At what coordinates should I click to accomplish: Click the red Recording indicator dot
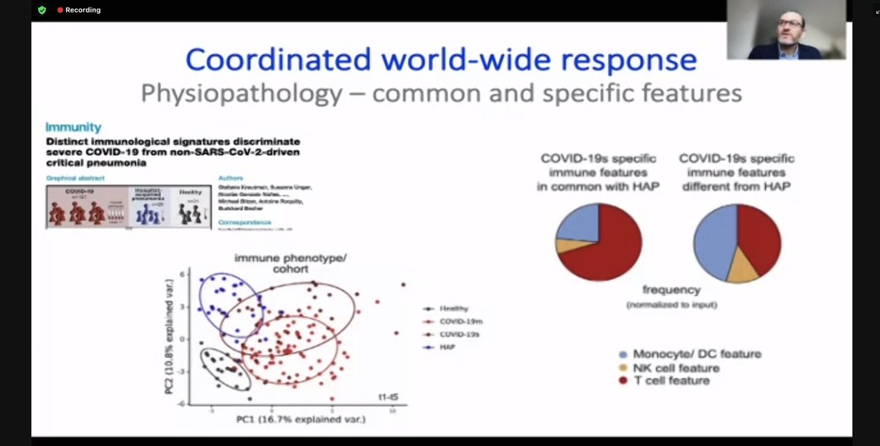tap(60, 10)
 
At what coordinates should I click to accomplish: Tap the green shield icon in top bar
tap(42, 10)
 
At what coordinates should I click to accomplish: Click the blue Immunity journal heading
tap(73, 127)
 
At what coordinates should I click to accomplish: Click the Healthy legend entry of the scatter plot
tap(454, 309)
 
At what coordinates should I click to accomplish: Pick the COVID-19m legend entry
tap(461, 322)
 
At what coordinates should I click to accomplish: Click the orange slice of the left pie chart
tap(562, 245)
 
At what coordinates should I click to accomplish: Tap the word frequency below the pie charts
tap(671, 290)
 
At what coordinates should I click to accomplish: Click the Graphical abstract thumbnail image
tap(125, 207)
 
